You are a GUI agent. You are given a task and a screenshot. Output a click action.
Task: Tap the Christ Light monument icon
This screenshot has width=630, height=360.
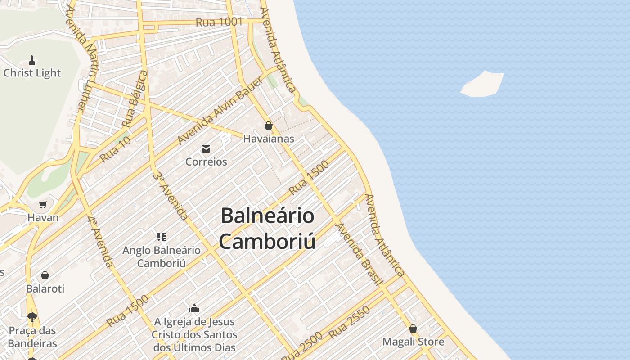pyautogui.click(x=32, y=60)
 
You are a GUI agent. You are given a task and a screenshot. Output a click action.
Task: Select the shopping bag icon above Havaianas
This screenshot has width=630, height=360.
pyautogui.click(x=269, y=126)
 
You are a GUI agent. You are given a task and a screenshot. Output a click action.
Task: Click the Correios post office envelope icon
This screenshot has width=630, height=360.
pyautogui.click(x=206, y=149)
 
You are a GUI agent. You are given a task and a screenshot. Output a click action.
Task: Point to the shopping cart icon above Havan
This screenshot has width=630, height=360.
pyautogui.click(x=43, y=205)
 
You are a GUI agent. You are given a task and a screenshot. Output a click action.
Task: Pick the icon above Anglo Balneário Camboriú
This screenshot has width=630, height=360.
pyautogui.click(x=162, y=237)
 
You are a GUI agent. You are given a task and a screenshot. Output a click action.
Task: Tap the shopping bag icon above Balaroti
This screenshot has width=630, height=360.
pyautogui.click(x=45, y=275)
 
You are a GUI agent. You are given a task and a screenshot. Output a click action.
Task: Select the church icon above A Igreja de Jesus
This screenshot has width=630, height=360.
pyautogui.click(x=194, y=309)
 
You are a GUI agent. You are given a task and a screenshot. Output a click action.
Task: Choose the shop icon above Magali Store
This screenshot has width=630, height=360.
pyautogui.click(x=413, y=328)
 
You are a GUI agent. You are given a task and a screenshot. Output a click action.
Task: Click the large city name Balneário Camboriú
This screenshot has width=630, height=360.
pyautogui.click(x=267, y=228)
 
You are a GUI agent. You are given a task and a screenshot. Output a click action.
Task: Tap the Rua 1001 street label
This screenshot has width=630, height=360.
pyautogui.click(x=219, y=22)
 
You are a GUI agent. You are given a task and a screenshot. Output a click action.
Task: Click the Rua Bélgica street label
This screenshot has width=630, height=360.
pyautogui.click(x=135, y=99)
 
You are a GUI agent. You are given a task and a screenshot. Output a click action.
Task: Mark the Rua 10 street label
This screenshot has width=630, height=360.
pyautogui.click(x=115, y=149)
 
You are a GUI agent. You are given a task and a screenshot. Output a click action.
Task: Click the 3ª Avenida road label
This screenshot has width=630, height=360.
pyautogui.click(x=170, y=195)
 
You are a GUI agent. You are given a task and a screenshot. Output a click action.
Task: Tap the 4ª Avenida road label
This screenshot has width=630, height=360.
pyautogui.click(x=100, y=242)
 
